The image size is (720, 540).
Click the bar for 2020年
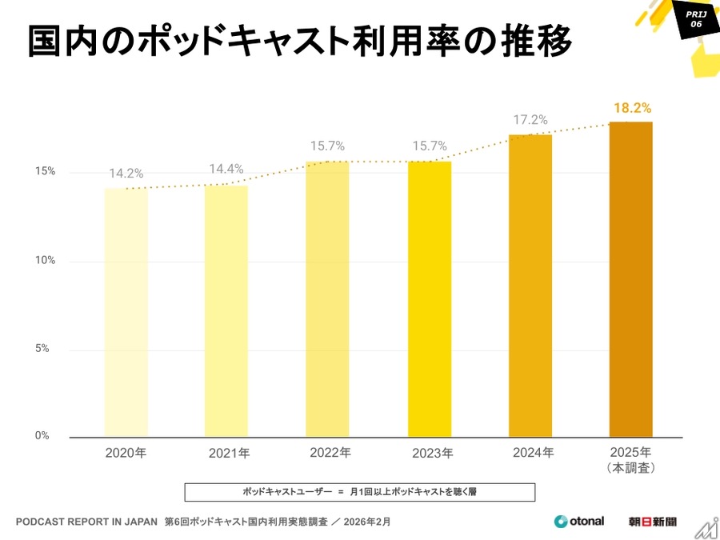pyautogui.click(x=126, y=312)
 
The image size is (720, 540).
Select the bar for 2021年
pyautogui.click(x=226, y=311)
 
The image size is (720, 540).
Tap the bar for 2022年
pyautogui.click(x=327, y=299)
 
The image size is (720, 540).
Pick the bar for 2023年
pyautogui.click(x=430, y=299)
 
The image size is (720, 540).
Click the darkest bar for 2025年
pyautogui.click(x=631, y=279)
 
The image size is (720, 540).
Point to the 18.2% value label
pyautogui.click(x=632, y=107)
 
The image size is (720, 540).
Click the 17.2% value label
pyautogui.click(x=530, y=120)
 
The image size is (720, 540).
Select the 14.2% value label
pyautogui.click(x=126, y=174)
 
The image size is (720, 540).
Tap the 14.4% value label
pyautogui.click(x=226, y=169)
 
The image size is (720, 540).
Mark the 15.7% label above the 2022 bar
pyautogui.click(x=327, y=146)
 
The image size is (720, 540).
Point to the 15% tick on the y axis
pyautogui.click(x=44, y=172)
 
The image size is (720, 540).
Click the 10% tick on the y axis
pyautogui.click(x=44, y=261)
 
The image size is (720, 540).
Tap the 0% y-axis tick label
pyautogui.click(x=42, y=436)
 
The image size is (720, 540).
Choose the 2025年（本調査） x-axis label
pyautogui.click(x=631, y=459)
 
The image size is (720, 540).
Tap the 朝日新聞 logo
pyautogui.click(x=652, y=522)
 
